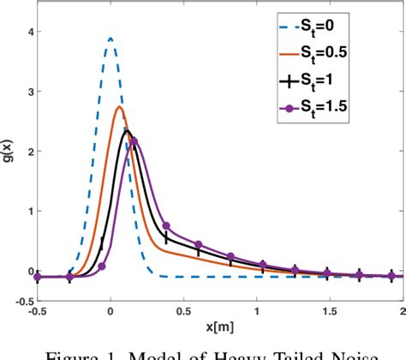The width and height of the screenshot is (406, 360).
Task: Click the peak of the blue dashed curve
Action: (x=110, y=38)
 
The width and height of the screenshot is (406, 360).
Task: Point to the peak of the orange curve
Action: (x=119, y=106)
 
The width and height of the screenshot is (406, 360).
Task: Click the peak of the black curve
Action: (x=126, y=130)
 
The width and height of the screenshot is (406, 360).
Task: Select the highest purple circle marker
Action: (x=133, y=141)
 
